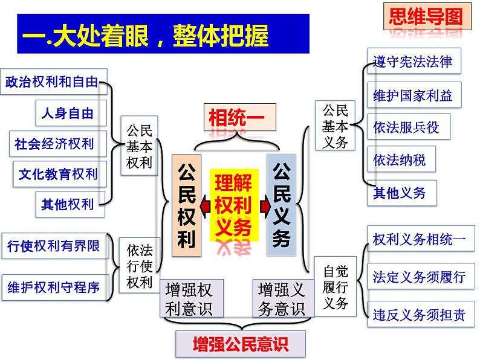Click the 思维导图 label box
coord(427,16)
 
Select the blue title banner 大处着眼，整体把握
coord(163,34)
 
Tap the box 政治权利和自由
coord(54,82)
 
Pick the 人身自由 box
coord(71,113)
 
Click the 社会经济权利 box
coord(58,144)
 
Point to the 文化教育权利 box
coord(60,174)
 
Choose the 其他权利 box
coord(70,204)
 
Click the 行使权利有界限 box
coord(55,246)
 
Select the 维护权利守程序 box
coord(55,287)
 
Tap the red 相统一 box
coord(240,117)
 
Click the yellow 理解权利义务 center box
coord(234,205)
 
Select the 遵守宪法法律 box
coord(414,61)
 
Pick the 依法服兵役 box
coord(409,126)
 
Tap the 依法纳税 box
coord(401,159)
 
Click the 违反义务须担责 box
coord(421,314)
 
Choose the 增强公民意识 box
coord(241,344)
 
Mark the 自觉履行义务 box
coord(335,286)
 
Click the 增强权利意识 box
coord(192,298)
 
